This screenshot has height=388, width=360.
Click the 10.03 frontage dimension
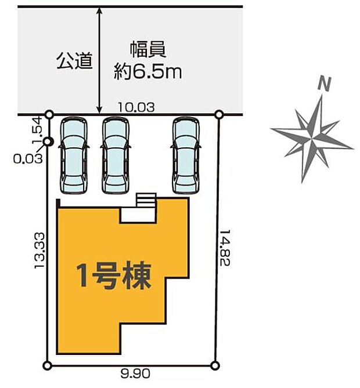(136, 107)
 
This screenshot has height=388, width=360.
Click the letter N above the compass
(325, 85)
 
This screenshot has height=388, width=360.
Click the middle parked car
(116, 155)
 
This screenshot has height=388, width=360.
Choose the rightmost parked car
(186, 155)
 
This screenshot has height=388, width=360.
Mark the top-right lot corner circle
(219, 114)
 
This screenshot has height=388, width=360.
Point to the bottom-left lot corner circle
(48, 365)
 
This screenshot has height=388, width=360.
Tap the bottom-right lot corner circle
(215, 365)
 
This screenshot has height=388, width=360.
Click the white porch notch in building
(138, 214)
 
